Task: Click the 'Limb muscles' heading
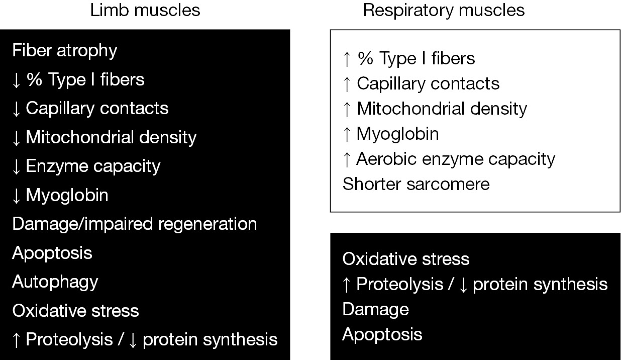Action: click(x=145, y=10)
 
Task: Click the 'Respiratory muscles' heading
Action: click(x=444, y=10)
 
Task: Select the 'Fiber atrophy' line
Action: click(x=65, y=51)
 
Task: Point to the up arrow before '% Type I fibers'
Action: click(x=347, y=59)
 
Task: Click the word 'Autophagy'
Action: click(x=55, y=282)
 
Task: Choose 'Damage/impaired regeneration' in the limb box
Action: click(x=135, y=224)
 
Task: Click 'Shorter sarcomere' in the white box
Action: click(x=416, y=184)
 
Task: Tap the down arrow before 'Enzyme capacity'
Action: click(x=17, y=167)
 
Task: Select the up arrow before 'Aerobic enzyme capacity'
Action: click(x=347, y=160)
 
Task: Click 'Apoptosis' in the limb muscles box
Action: click(x=52, y=253)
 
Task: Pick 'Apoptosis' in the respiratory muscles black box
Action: click(x=382, y=335)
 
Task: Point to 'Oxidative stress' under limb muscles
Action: click(x=75, y=310)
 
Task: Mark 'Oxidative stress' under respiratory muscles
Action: click(x=406, y=259)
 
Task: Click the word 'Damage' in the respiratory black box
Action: click(x=376, y=310)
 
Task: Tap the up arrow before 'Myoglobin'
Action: click(x=347, y=135)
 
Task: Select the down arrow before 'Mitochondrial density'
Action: click(x=17, y=138)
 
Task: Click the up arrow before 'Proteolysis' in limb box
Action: click(x=17, y=340)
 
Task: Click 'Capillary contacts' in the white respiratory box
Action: click(x=428, y=83)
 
